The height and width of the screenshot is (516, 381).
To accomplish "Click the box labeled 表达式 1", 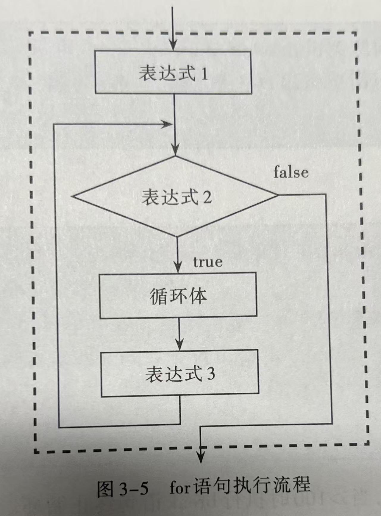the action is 173,73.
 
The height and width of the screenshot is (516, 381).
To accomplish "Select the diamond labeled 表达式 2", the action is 176,196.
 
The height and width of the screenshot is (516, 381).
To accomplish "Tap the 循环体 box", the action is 178,296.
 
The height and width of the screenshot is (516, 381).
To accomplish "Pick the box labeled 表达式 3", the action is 180,374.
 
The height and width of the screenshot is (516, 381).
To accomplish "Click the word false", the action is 291,172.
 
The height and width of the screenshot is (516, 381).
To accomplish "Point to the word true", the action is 208,262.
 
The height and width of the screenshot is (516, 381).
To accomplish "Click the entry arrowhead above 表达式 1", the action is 173,46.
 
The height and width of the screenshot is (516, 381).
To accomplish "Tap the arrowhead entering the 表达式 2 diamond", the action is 175,150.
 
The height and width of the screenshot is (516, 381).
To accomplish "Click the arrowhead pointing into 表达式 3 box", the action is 179,345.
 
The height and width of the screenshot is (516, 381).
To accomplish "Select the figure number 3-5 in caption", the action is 134,488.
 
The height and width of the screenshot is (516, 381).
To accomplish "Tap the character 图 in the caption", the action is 106,488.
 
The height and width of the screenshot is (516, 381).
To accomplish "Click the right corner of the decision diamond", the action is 278,195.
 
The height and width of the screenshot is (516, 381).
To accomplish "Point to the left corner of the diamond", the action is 73,196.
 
